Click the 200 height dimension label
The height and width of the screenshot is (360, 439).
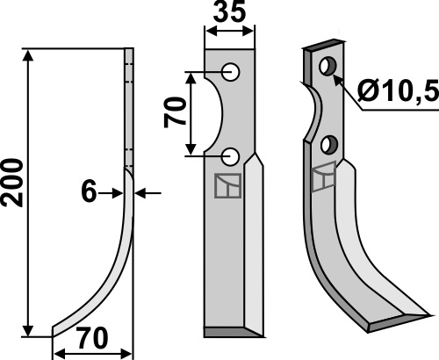[11, 183]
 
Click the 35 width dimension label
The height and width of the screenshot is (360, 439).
[229, 12]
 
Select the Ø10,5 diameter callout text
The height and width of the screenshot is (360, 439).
[398, 90]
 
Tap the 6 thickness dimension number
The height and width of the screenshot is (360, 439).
[89, 191]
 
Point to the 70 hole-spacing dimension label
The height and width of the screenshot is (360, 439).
[175, 113]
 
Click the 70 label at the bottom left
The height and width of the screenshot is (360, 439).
[92, 338]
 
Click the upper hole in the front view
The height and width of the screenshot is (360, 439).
[231, 72]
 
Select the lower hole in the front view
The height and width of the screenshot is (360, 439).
[231, 156]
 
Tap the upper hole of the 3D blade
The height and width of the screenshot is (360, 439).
[328, 66]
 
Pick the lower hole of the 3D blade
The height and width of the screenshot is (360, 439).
[329, 145]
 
